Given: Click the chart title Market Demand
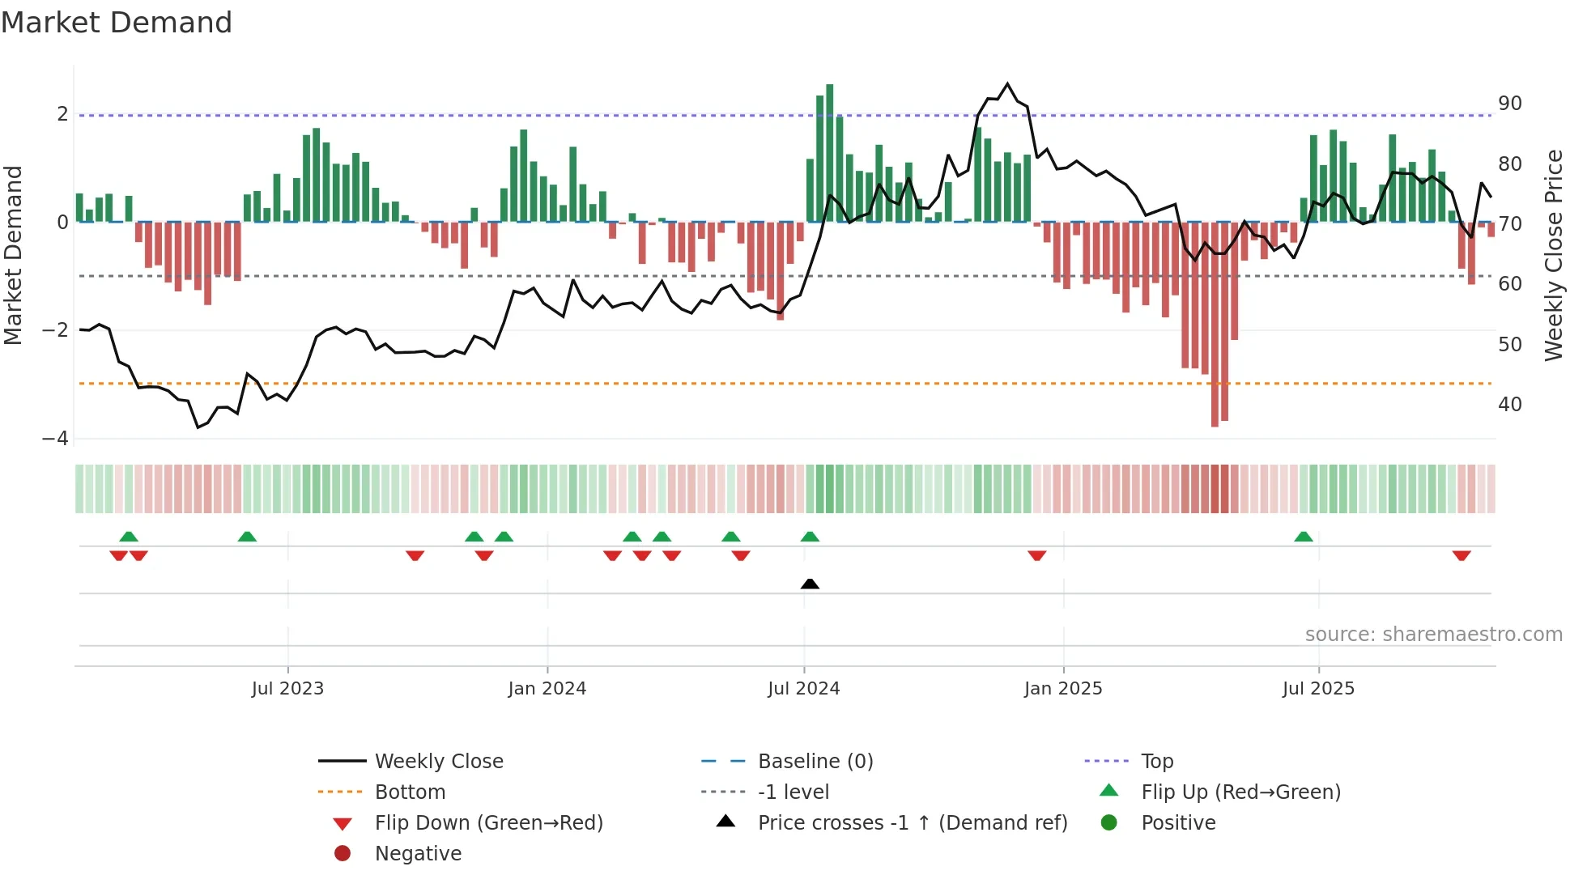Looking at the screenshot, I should [117, 23].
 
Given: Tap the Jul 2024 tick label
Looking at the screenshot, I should [803, 689].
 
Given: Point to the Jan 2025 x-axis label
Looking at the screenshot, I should [1062, 689].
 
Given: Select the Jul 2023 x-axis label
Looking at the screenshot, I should [287, 689].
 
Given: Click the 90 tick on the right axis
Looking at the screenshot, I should [1509, 104].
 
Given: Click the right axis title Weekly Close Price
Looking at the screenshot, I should [1553, 255].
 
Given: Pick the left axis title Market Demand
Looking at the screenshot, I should [13, 255].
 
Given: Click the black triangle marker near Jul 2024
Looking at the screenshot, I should [810, 584].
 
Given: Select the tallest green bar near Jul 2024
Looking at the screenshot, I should [829, 152].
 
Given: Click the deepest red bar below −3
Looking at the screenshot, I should [1215, 324].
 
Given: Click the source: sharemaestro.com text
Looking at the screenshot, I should [1433, 635].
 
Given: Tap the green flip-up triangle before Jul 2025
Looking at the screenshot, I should [1303, 537].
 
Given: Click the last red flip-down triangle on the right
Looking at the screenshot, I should [1461, 555].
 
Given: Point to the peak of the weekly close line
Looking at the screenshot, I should [1007, 83].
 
